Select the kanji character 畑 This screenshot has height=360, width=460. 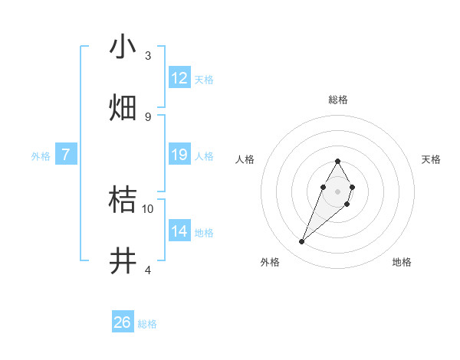point(123,108)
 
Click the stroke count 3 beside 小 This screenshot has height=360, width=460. point(148,55)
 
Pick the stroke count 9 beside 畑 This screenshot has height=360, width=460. point(148,116)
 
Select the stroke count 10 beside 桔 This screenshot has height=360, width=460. point(148,208)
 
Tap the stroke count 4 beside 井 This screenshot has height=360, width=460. point(148,270)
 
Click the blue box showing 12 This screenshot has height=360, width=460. point(179,78)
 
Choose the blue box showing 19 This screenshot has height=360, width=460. point(179,155)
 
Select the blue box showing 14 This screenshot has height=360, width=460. point(179,231)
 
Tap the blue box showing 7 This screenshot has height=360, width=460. point(66,155)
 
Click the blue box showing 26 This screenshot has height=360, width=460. point(123,322)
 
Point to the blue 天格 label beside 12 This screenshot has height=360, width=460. point(204,80)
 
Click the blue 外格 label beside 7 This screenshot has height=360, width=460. point(41,156)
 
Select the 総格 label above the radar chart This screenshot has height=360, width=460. point(338,100)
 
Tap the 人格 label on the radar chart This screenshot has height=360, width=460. point(245,159)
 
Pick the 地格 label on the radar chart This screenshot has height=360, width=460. point(402,262)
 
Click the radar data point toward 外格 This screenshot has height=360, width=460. point(301,242)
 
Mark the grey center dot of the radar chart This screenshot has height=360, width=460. point(337,190)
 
